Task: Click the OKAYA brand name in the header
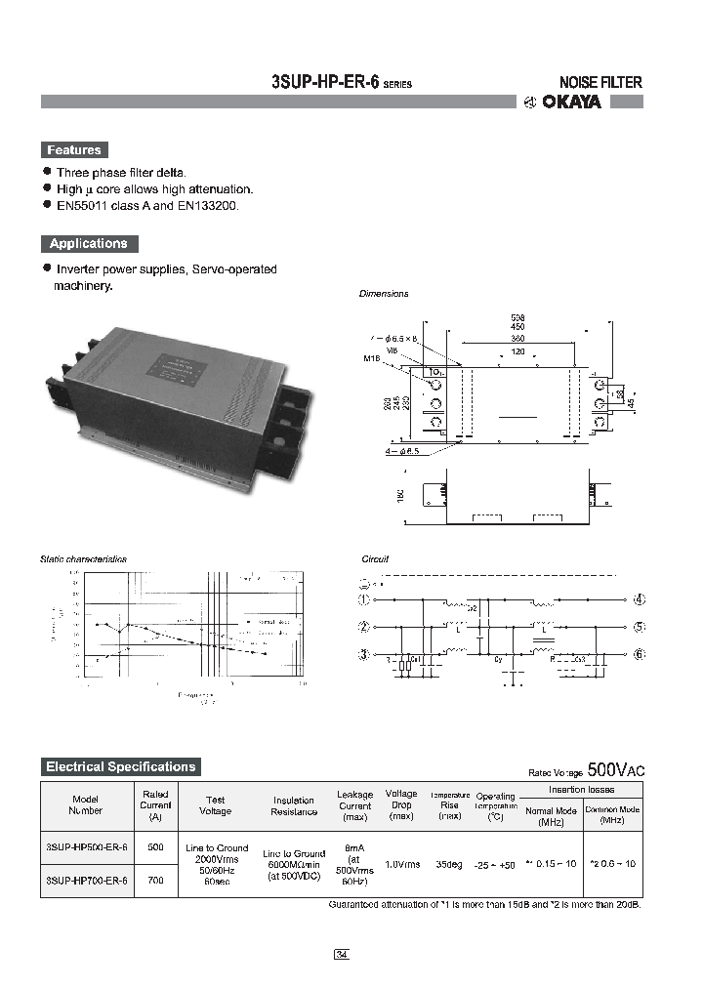click(572, 102)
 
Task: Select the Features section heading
click(73, 150)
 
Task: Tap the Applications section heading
click(89, 244)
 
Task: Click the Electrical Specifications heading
click(121, 766)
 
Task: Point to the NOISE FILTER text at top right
click(600, 83)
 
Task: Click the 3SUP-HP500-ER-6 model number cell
click(86, 847)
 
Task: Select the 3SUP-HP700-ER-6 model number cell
click(86, 881)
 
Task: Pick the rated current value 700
click(155, 881)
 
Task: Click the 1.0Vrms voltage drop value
click(402, 864)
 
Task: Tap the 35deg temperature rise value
click(450, 864)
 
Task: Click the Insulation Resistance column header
click(294, 805)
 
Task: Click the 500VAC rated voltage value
click(616, 770)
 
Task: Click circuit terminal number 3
click(365, 654)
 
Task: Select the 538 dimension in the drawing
click(517, 318)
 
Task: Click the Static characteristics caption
click(83, 559)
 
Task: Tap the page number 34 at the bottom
click(341, 954)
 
